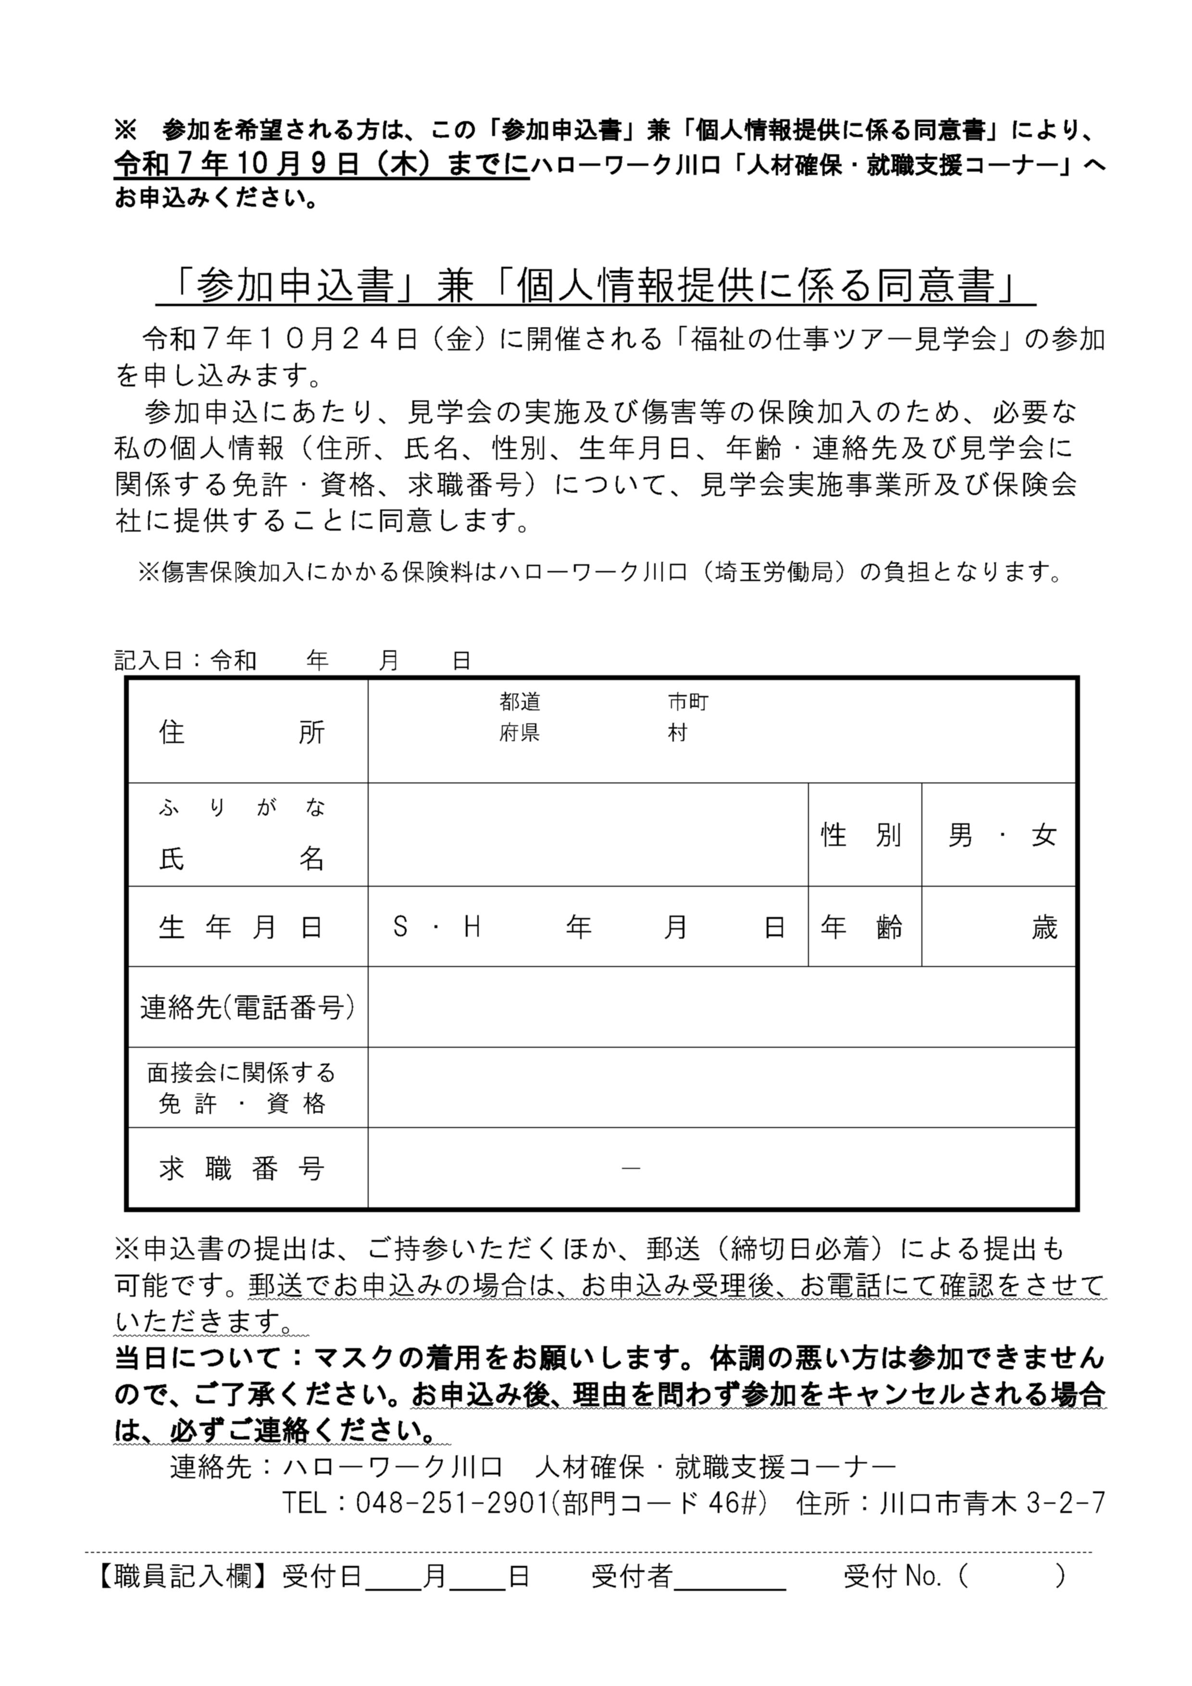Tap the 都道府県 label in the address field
point(520,718)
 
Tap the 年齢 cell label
point(861,928)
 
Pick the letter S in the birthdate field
point(400,928)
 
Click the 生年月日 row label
point(242,928)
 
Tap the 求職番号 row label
point(242,1168)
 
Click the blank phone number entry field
point(721,1007)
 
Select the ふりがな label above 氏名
point(242,808)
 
